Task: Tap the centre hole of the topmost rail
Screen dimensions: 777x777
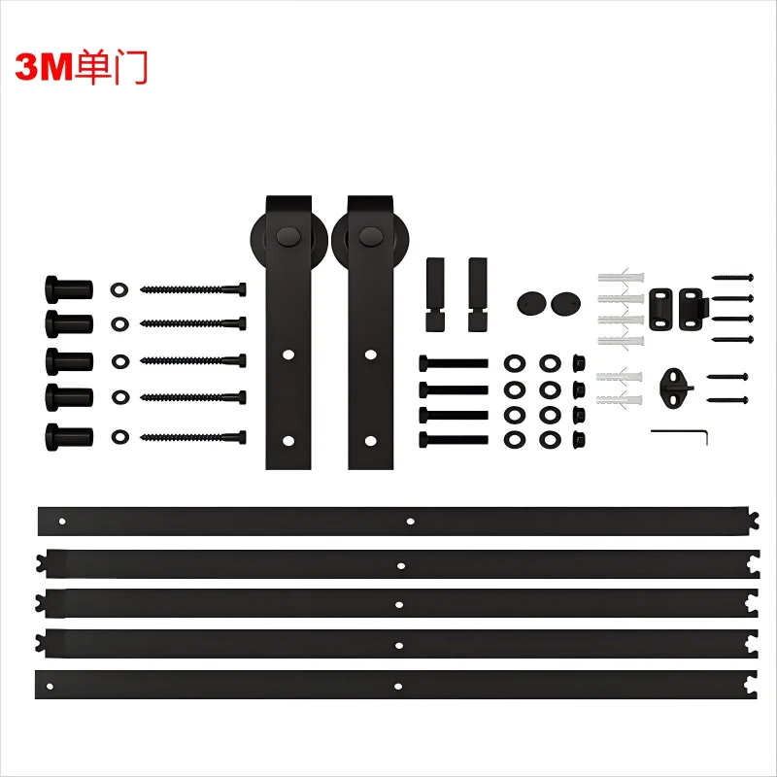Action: click(411, 522)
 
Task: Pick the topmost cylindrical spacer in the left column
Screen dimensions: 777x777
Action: click(68, 289)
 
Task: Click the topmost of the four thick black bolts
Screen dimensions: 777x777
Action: click(453, 362)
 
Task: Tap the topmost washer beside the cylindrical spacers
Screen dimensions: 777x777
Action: click(119, 289)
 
